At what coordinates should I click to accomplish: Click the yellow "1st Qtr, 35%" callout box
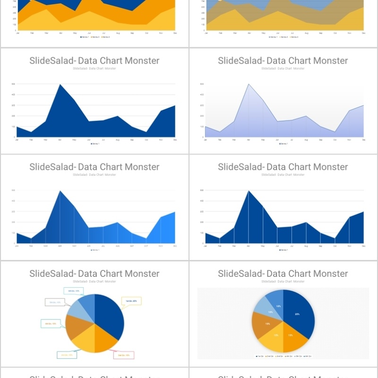coord(131,301)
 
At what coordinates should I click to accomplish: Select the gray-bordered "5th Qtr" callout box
coord(54,302)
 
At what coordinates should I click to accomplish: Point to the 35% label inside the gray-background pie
coord(297,314)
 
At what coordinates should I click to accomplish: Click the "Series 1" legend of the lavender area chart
coord(283,144)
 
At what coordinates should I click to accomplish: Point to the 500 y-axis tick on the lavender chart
coord(202,84)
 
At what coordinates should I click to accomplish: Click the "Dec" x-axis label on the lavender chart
coord(363,140)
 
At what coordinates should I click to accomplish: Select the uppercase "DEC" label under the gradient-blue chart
coord(175,246)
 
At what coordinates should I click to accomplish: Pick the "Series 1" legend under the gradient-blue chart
coord(95,250)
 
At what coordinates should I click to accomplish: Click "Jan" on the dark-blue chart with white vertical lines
coord(206,246)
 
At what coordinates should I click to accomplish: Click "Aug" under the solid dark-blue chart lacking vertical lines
coord(117,140)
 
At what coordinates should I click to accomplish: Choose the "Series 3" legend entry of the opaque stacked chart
coord(106,36)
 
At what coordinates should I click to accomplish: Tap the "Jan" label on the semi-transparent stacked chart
coord(206,34)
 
